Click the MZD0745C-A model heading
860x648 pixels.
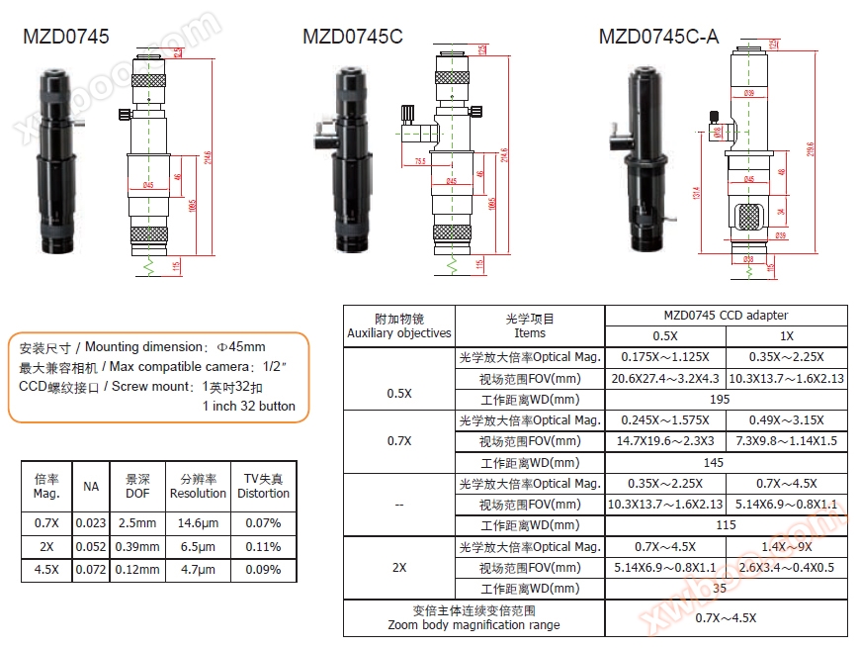658,38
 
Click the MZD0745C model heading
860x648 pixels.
353,38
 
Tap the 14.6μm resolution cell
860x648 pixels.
198,522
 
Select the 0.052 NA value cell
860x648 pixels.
91,546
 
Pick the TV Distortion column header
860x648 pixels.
264,486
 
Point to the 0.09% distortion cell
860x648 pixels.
264,570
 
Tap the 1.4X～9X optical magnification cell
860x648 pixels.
787,547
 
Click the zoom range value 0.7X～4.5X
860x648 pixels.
726,618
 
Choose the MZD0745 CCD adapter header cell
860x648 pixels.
726,316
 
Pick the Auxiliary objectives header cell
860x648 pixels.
399,326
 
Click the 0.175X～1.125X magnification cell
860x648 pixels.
665,357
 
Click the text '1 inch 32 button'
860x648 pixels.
249,407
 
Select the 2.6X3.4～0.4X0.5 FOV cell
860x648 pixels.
787,568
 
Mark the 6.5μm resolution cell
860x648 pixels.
198,546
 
